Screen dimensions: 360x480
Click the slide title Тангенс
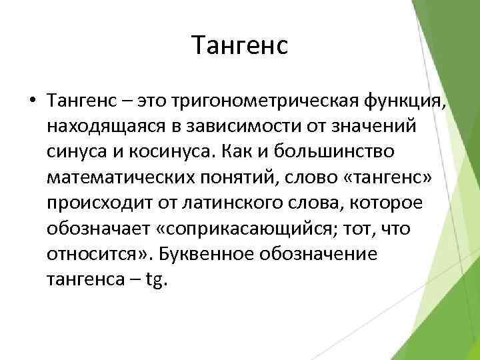tap(239, 45)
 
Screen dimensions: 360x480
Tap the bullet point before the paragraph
tap(32, 102)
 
